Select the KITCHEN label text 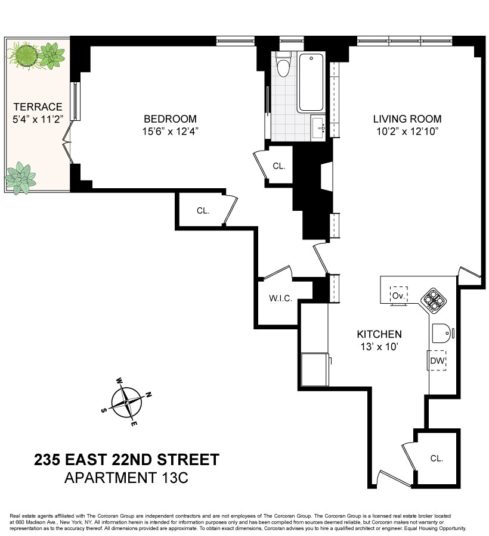pos(379,334)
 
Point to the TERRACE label pos(38,107)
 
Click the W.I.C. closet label pos(280,298)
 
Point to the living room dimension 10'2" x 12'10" pos(407,132)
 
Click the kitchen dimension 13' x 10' pos(379,347)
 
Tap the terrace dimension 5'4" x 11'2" pos(38,119)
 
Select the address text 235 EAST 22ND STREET pos(126,460)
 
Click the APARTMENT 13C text pos(126,478)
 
